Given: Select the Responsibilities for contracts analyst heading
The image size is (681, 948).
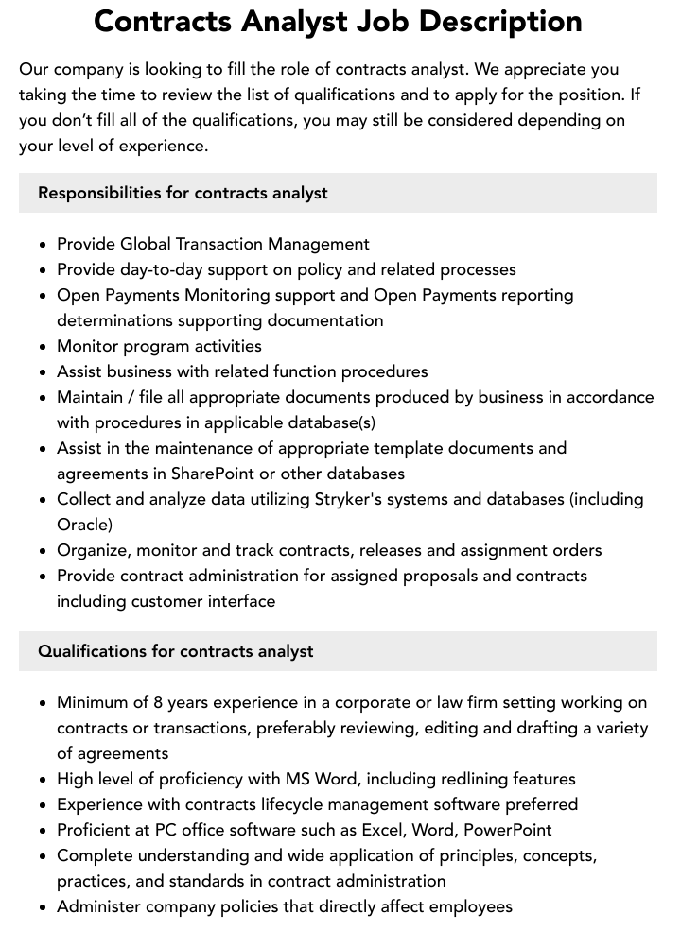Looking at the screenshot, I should (x=183, y=193).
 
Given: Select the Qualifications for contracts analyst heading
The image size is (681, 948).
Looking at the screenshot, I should (x=176, y=651).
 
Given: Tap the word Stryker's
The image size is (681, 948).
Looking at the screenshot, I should (x=348, y=499).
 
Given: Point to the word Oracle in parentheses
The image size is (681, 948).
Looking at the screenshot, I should (x=84, y=525).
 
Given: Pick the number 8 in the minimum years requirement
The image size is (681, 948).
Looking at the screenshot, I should (x=158, y=702).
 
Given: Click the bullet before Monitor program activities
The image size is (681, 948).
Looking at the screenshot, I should (x=44, y=347).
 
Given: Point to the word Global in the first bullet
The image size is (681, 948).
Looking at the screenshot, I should (x=146, y=244).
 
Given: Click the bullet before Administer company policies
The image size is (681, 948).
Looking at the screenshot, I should (x=44, y=907).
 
